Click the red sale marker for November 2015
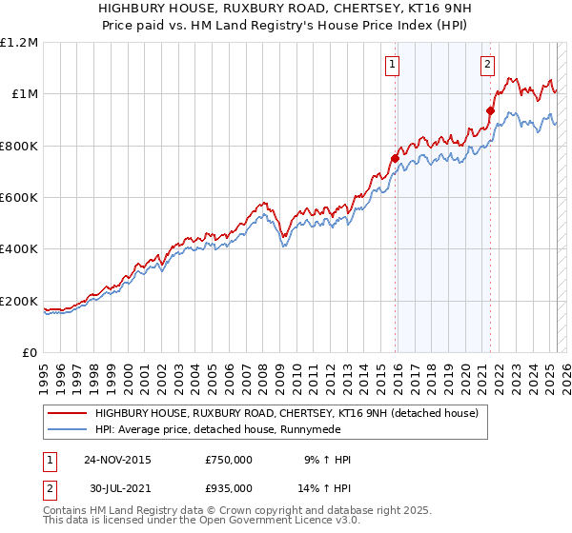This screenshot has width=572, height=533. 395,158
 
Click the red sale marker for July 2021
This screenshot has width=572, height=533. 490,110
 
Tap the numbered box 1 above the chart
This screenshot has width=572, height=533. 393,65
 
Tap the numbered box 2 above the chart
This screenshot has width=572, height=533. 487,65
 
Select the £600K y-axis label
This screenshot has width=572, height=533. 20,198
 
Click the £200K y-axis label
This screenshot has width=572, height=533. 20,302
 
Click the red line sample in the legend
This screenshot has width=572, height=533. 68,412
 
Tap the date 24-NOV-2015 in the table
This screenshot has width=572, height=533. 117,460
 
